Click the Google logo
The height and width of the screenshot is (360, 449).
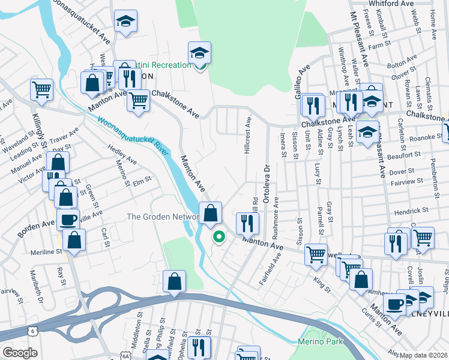(x=20, y=352)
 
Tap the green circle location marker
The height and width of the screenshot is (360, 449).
(x=219, y=237)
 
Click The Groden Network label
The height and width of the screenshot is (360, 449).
(x=163, y=217)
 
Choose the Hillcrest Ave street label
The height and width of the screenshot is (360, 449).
(x=248, y=136)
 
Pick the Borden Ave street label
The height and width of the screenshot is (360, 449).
(x=36, y=227)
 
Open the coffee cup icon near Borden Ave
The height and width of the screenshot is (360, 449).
(x=68, y=219)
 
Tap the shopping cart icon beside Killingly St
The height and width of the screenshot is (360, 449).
(x=41, y=90)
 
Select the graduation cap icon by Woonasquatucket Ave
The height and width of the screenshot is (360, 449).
(x=126, y=22)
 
